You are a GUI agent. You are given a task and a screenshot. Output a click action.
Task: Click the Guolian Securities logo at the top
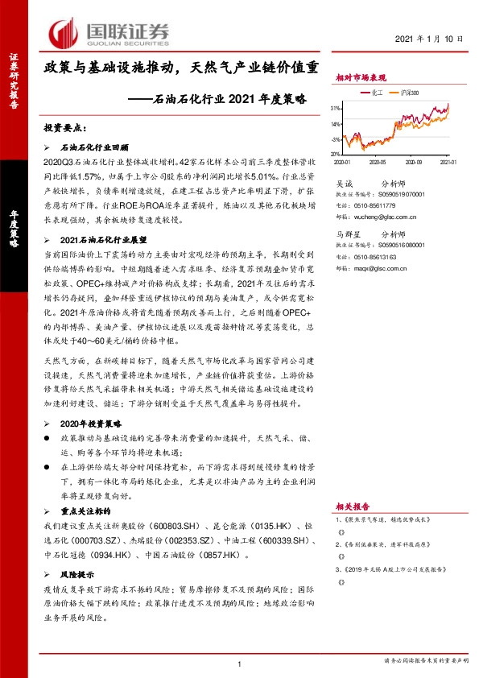(109, 33)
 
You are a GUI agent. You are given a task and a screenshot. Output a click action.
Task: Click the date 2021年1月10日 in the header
(430, 38)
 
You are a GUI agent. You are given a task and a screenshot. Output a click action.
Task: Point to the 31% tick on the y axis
(336, 108)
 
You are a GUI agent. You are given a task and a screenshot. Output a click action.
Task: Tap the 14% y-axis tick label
(336, 124)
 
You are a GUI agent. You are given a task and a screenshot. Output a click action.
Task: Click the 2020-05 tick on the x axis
(382, 161)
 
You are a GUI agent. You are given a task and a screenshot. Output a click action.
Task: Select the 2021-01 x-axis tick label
(448, 161)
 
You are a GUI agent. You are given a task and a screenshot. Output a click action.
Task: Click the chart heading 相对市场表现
(361, 77)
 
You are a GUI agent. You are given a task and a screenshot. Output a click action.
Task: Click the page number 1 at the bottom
(240, 664)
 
